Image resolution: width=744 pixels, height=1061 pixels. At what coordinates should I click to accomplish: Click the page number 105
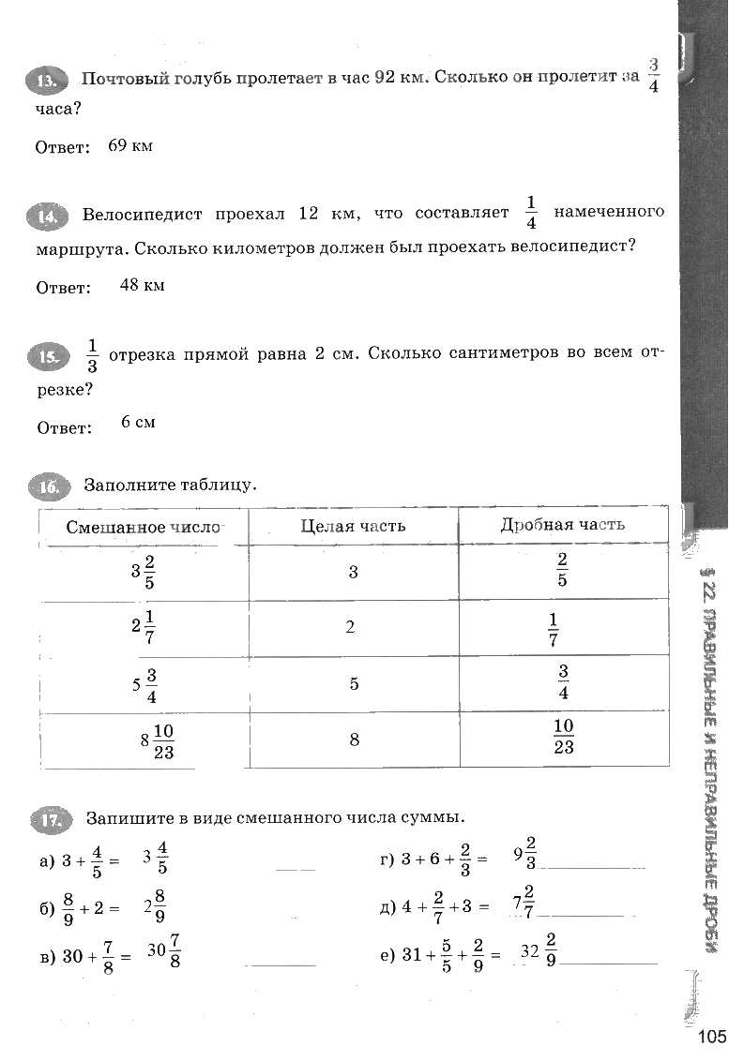(712, 1036)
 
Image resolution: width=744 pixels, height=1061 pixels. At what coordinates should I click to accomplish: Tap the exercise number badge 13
(45, 82)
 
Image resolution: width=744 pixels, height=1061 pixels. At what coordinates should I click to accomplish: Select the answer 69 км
(130, 146)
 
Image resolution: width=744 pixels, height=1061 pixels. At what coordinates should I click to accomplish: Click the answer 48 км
(142, 285)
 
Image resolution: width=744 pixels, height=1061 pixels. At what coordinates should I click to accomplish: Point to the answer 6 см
(138, 422)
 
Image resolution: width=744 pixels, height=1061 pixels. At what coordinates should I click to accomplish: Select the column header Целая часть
(353, 526)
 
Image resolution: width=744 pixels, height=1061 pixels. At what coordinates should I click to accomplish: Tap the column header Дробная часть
(563, 525)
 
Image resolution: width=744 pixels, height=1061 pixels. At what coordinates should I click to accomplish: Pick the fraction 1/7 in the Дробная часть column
(553, 629)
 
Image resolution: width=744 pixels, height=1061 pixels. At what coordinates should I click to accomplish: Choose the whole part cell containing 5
(354, 684)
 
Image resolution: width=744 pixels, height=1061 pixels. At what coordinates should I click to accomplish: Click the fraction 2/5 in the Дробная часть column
(562, 570)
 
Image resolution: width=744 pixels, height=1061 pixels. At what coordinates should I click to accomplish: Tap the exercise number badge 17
(50, 821)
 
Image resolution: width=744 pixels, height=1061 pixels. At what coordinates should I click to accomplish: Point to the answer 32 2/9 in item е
(539, 950)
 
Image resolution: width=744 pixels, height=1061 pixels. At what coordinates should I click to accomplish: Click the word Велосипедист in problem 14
(142, 214)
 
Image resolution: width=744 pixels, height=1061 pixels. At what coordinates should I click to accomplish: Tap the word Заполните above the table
(128, 485)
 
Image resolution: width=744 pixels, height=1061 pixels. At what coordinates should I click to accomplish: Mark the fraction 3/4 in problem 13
(654, 76)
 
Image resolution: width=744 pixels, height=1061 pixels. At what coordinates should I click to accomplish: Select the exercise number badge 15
(46, 356)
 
